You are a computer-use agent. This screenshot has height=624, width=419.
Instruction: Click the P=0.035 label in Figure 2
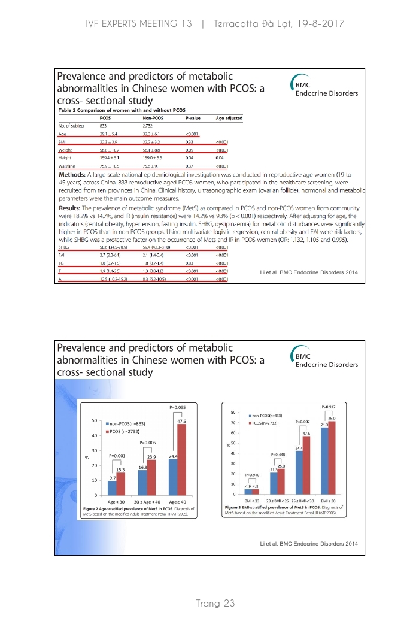(x=178, y=407)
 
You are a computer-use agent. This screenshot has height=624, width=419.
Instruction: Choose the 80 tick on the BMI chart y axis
(x=232, y=412)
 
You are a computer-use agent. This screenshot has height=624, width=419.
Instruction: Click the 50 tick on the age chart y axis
(x=95, y=421)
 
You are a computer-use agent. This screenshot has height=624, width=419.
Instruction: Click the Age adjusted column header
(x=229, y=118)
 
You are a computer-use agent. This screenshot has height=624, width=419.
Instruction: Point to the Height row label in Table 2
(x=65, y=157)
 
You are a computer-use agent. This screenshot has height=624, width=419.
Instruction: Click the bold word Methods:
(x=75, y=174)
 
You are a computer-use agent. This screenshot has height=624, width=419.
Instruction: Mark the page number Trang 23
(x=215, y=603)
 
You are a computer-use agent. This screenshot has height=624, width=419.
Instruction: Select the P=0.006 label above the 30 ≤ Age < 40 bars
(x=148, y=442)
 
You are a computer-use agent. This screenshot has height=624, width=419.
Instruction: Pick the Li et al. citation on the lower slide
(x=308, y=543)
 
